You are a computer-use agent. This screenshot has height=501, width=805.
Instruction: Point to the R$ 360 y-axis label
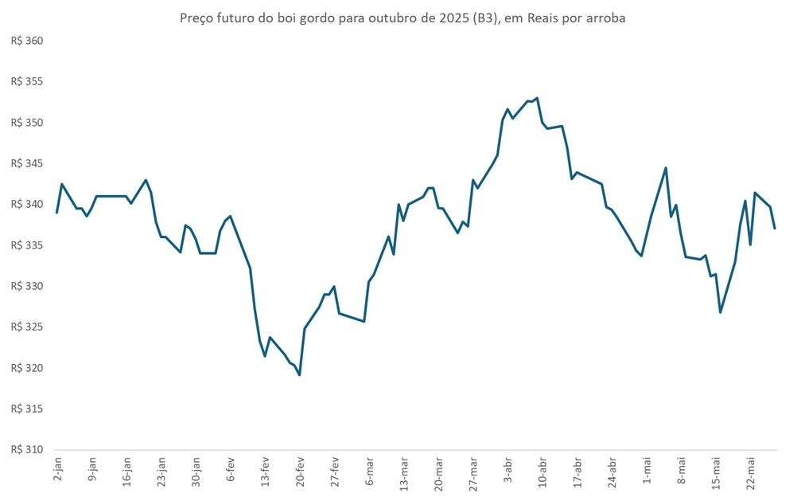click(x=26, y=41)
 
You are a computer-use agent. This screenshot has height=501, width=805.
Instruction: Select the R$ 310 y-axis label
click(x=26, y=449)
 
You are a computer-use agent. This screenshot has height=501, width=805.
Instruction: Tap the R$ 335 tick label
click(x=26, y=245)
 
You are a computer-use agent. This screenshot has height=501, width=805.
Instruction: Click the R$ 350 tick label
click(x=26, y=123)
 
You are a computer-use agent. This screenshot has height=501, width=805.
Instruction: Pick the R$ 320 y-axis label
click(x=26, y=368)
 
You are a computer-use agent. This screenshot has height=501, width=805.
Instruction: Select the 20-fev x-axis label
click(x=301, y=475)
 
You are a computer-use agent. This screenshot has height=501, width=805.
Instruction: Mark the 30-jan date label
click(x=196, y=475)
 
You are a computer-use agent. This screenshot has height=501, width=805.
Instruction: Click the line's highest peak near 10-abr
click(x=538, y=98)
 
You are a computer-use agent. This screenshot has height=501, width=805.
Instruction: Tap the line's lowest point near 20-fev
click(x=299, y=374)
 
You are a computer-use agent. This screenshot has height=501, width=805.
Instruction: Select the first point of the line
click(x=56, y=213)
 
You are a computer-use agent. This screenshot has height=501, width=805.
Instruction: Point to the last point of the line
click(x=775, y=229)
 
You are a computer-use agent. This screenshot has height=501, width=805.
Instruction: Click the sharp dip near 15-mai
click(x=720, y=312)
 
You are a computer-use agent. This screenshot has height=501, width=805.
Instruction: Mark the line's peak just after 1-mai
click(x=666, y=167)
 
